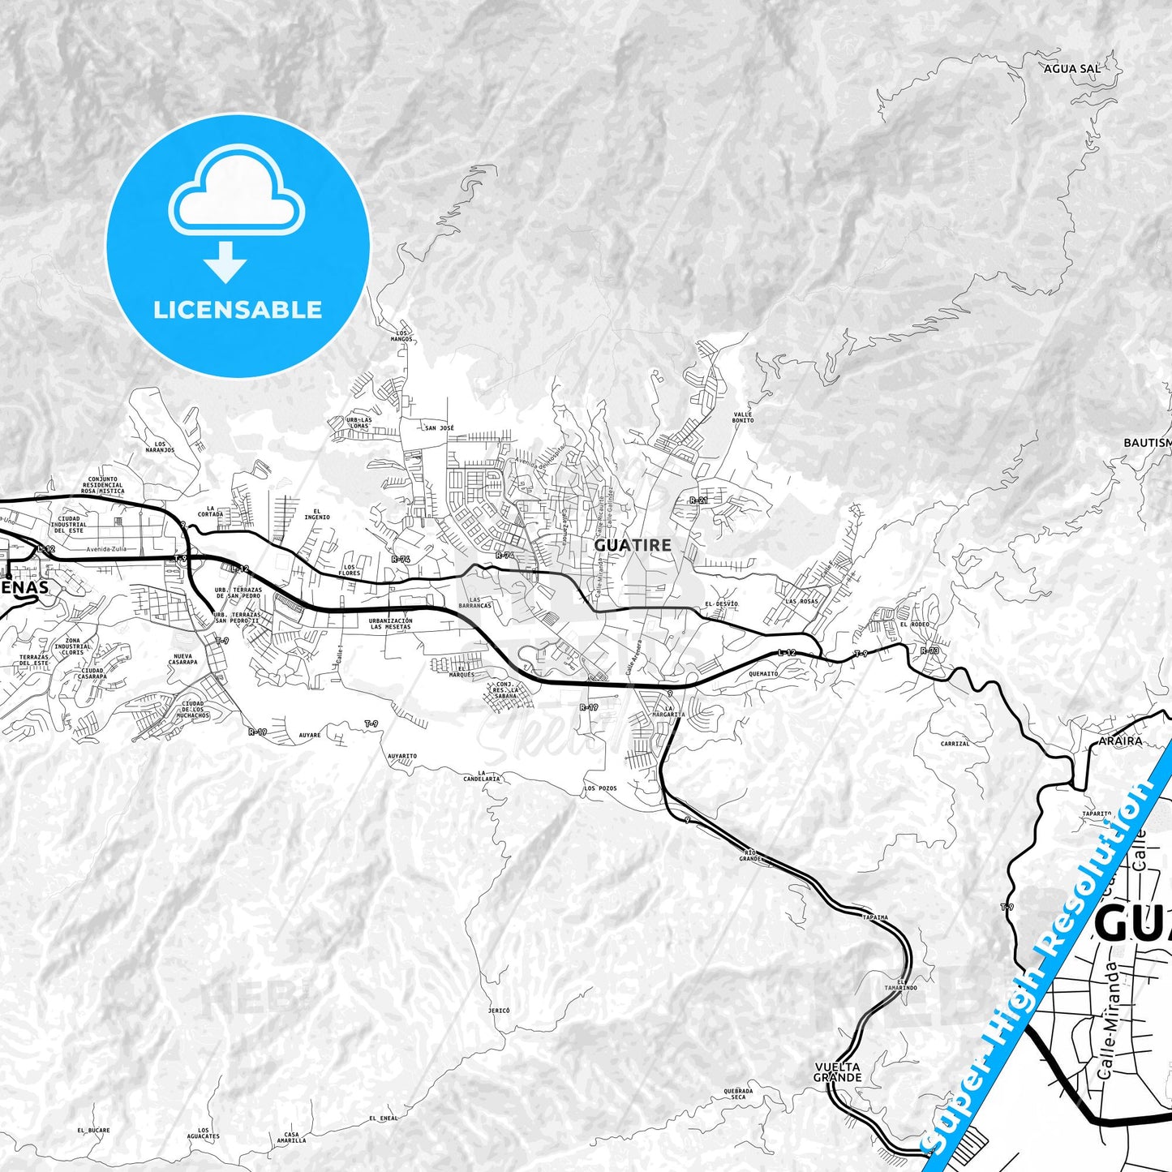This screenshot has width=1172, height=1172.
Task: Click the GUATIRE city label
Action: click(633, 546)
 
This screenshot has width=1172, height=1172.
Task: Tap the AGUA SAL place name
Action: click(1072, 69)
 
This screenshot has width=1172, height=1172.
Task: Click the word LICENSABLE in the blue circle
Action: click(238, 310)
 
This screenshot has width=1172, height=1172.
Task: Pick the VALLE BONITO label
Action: click(742, 417)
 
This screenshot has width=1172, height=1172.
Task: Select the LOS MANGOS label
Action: click(402, 335)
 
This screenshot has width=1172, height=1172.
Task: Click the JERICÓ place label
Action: click(499, 1011)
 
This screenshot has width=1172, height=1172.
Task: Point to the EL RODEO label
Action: click(914, 625)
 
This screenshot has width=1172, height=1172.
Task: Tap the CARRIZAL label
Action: click(955, 744)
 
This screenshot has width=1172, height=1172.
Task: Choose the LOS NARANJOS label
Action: click(160, 447)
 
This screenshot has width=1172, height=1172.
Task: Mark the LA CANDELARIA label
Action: click(488, 776)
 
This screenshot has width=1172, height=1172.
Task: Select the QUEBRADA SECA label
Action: click(738, 1094)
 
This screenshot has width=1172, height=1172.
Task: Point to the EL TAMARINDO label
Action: click(901, 984)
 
